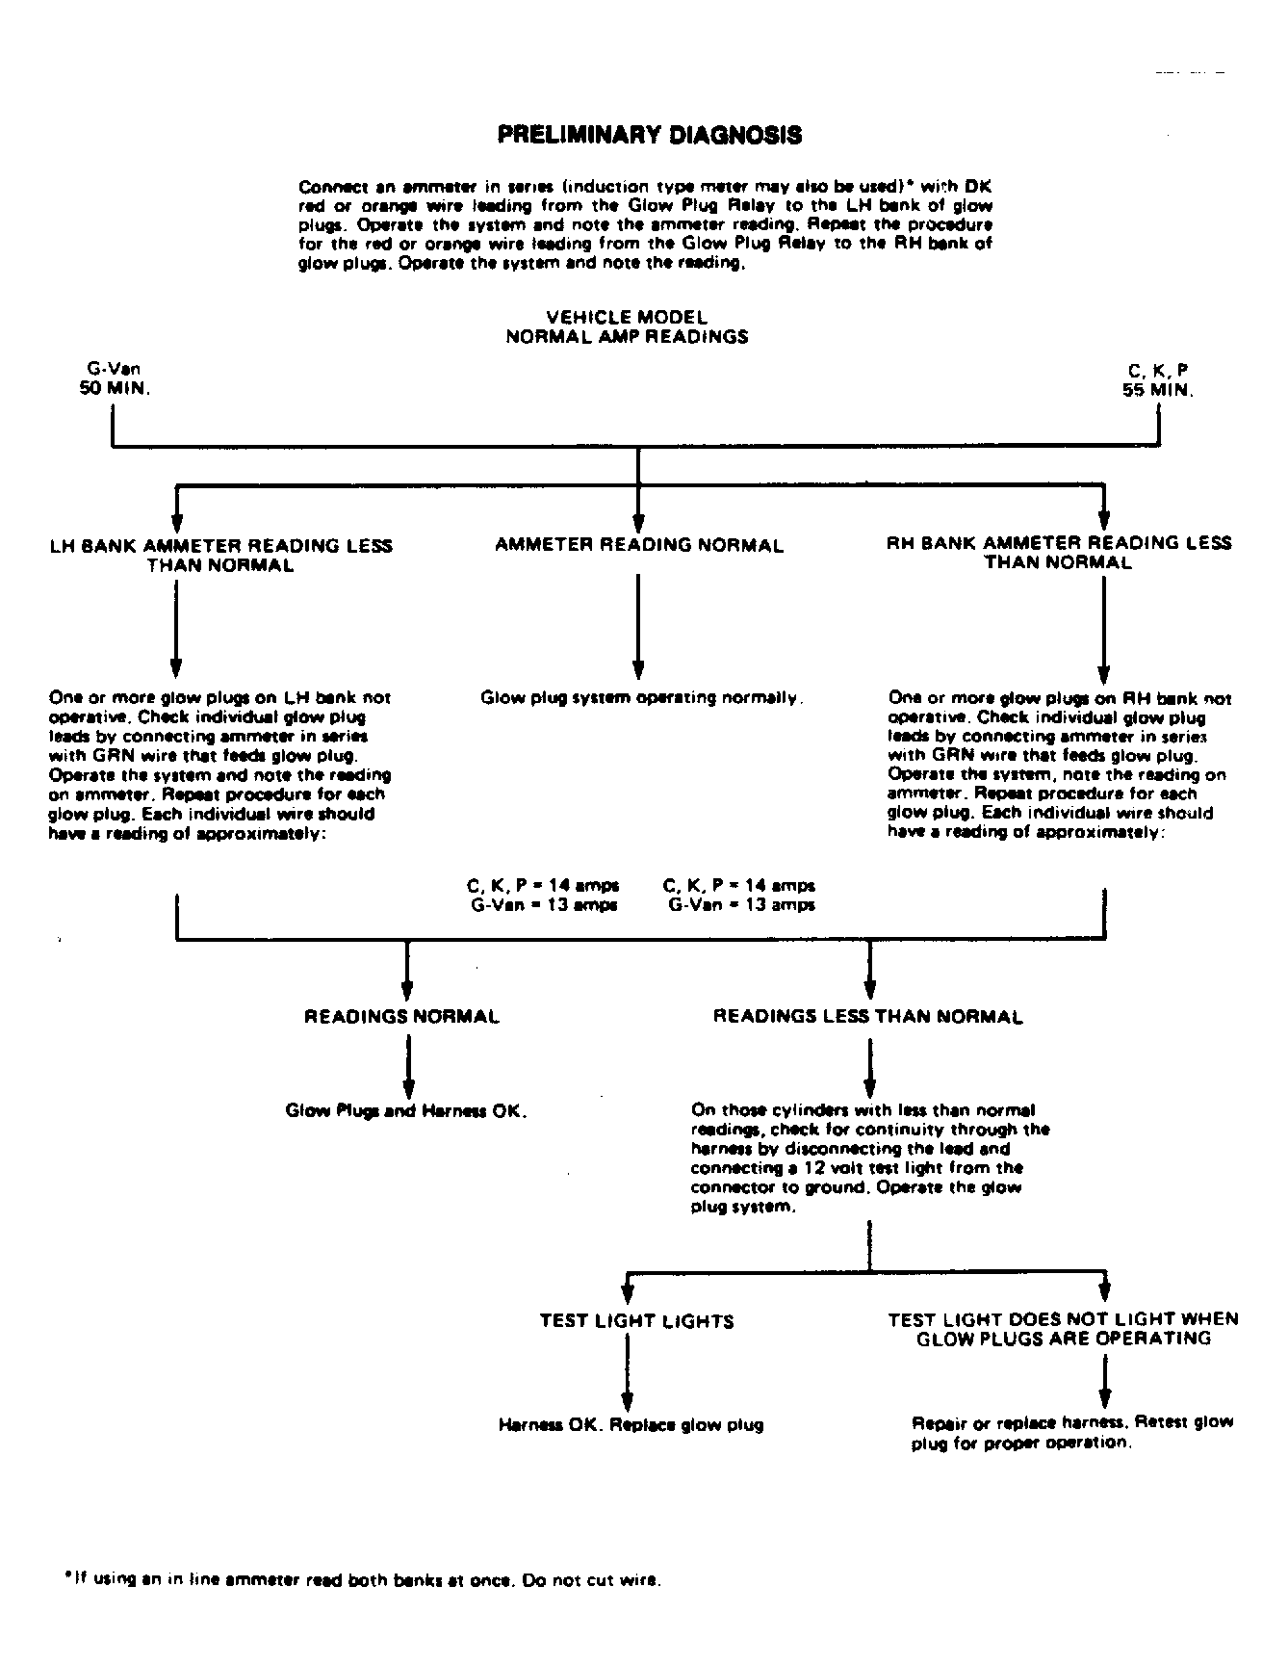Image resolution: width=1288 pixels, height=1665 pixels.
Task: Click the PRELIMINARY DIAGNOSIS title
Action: pos(649,135)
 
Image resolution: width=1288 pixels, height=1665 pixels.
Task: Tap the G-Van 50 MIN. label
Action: pos(115,380)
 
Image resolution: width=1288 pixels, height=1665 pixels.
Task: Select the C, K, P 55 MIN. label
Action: pos(1157,380)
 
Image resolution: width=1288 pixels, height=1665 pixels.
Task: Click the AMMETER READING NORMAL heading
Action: pos(639,546)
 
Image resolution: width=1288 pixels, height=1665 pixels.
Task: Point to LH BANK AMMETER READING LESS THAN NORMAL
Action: pos(220,556)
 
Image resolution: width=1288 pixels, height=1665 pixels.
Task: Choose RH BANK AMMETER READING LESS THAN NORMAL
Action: pos(1058,553)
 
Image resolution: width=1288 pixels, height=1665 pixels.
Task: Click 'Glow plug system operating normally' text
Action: pos(641,698)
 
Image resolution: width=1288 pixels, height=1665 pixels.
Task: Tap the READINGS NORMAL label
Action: pos(401,1017)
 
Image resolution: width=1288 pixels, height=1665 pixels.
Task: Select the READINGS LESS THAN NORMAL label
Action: pos(867,1017)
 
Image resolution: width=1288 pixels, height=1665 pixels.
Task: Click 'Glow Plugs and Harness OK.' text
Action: pos(406,1111)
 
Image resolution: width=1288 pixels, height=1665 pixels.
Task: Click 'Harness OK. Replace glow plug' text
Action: pos(631,1425)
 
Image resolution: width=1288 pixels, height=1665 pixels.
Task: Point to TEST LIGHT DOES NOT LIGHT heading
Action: pos(1063,1329)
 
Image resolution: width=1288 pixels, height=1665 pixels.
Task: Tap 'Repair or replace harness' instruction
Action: pos(1071,1433)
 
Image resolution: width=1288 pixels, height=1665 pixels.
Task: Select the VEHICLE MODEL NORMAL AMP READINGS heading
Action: pos(627,327)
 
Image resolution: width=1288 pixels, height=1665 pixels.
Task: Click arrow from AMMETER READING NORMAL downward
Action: pos(637,626)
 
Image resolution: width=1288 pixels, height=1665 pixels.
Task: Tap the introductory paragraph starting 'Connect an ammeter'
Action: pos(645,225)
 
